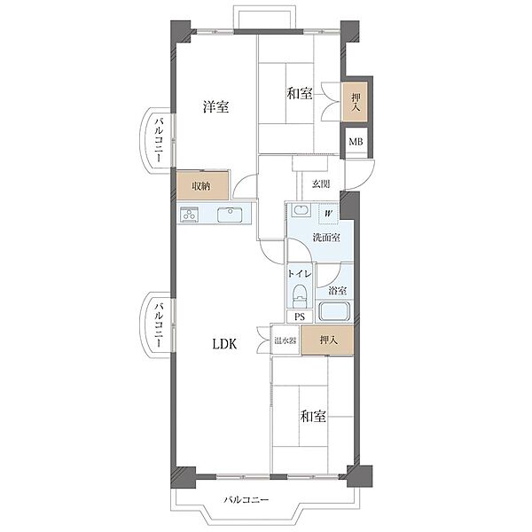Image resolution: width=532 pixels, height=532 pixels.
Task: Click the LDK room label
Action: click(224, 344)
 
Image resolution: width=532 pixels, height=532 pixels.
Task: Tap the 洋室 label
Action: click(215, 107)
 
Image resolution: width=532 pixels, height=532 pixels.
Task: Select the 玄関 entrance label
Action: click(321, 184)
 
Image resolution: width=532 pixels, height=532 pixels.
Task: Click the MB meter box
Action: click(356, 142)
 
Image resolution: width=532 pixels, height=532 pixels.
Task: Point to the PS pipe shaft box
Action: click(300, 317)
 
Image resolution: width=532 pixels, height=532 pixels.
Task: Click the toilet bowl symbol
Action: click(300, 295)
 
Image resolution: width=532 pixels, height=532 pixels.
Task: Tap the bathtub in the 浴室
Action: click(334, 311)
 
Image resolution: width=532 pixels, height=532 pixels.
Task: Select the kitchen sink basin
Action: click(230, 215)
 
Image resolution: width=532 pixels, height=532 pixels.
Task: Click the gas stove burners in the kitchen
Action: click(190, 215)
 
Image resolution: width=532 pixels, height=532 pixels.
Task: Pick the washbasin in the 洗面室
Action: click(301, 210)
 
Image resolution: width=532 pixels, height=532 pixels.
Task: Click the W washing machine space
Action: click(328, 214)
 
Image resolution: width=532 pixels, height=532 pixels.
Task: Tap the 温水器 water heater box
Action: click(286, 340)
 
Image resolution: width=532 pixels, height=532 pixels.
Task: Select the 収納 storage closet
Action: click(202, 185)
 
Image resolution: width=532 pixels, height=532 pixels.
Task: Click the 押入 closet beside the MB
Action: click(356, 102)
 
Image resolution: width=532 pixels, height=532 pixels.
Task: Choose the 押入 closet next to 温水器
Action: click(328, 340)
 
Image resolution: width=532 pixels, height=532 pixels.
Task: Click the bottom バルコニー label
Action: click(246, 500)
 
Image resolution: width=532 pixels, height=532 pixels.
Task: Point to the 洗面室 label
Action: click(326, 238)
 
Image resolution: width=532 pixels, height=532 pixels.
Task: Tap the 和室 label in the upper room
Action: click(300, 93)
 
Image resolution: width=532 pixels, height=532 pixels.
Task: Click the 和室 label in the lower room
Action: click(313, 416)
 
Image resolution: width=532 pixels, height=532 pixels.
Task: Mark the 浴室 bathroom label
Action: click(337, 291)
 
